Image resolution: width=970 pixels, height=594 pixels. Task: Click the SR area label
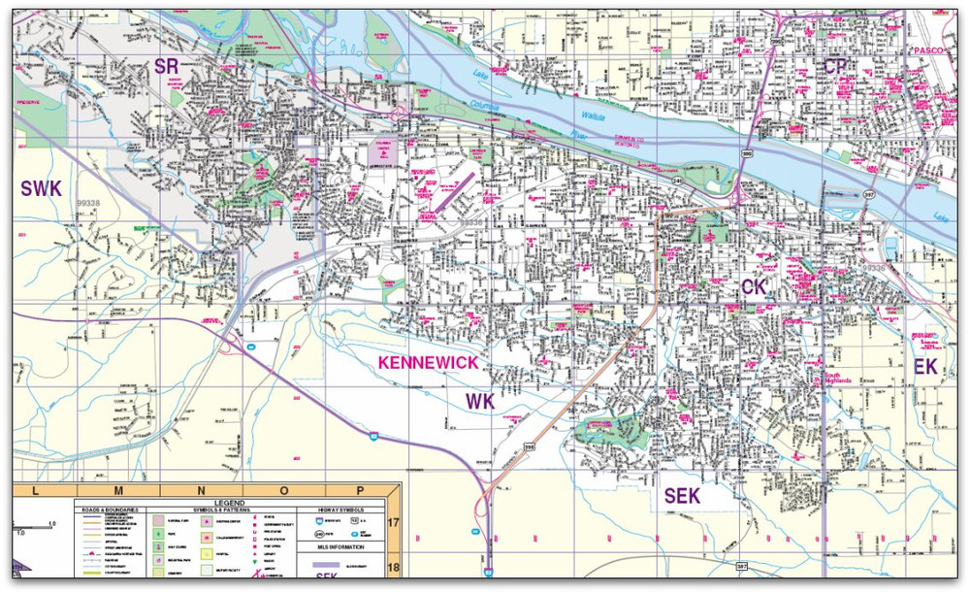point(168,66)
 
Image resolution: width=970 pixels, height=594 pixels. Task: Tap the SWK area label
point(42,189)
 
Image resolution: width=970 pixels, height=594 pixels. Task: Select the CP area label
point(836,66)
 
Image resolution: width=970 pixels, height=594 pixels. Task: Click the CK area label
point(755,286)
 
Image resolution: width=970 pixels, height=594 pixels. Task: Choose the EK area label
point(926,366)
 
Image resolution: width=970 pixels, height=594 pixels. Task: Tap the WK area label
point(478,402)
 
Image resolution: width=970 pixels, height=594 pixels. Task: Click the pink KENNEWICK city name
point(428,363)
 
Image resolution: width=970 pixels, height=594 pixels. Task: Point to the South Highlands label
point(837,379)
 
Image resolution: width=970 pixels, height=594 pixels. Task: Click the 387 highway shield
point(742,566)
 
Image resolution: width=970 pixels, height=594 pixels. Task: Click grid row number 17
point(394,522)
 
